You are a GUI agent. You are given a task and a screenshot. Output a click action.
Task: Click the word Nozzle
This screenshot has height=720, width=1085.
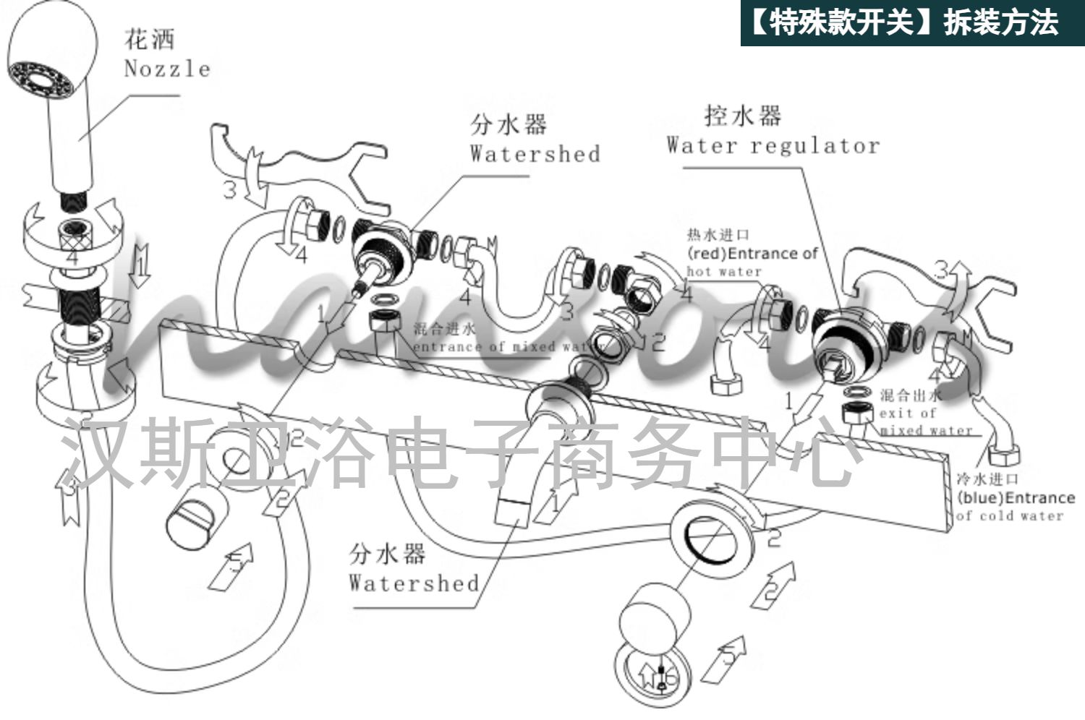(167, 69)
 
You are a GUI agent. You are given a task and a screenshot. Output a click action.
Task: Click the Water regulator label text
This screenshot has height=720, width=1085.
(773, 146)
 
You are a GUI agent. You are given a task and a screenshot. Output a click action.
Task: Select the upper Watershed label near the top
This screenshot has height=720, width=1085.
(535, 154)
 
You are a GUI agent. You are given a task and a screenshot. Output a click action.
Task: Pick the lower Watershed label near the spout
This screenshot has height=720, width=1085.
(414, 583)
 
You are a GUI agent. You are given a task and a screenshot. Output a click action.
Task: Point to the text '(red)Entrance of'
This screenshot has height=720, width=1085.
(752, 254)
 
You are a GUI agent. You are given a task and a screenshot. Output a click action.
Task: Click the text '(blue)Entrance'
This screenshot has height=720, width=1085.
(1016, 498)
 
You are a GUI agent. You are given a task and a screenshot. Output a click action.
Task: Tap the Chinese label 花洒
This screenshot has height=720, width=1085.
(150, 38)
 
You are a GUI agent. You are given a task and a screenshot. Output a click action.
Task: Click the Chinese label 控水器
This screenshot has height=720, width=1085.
(743, 116)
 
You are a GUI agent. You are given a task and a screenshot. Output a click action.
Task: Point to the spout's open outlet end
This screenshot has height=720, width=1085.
(513, 512)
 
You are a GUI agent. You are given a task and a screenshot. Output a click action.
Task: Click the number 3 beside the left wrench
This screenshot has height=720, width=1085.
(229, 190)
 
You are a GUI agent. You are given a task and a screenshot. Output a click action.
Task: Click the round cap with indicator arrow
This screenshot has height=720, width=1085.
(655, 676)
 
